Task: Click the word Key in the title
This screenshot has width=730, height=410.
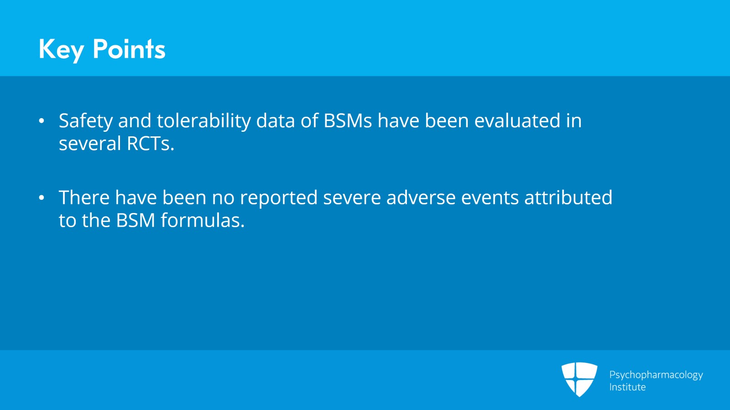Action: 61,50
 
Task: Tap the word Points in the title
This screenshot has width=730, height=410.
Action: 129,49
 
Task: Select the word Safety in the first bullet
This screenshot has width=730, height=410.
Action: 86,121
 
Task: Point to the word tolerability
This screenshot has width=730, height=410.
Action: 203,120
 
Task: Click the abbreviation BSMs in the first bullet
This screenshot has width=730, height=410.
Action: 347,120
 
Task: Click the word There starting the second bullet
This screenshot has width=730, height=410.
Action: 84,197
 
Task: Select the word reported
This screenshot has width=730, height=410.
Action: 279,198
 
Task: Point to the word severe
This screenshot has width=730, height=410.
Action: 352,198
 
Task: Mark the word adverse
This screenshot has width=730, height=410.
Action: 421,197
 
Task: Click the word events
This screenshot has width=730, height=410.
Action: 490,198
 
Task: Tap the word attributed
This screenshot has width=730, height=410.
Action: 568,197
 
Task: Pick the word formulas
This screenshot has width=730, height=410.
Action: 203,220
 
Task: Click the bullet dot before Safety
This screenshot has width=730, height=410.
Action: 42,121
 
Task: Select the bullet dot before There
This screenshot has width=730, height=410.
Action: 42,198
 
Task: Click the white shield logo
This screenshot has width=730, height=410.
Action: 579,379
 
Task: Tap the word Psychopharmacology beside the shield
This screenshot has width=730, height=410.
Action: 656,375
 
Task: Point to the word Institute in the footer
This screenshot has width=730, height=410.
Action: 627,387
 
